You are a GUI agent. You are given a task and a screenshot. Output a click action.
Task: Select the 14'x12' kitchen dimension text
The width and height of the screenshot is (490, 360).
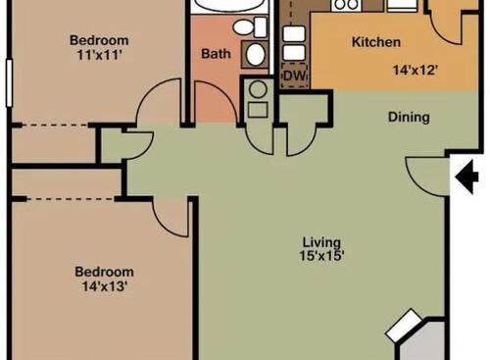pos(416,72)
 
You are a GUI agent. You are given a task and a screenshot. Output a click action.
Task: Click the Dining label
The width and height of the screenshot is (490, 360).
pos(409,118)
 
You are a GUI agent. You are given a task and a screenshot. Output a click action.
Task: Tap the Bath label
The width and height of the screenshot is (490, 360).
pos(215,55)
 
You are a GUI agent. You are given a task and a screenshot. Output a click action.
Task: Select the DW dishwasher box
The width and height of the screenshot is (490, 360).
pos(293,76)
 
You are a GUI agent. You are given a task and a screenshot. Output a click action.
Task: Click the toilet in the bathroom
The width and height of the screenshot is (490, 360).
pos(256,52)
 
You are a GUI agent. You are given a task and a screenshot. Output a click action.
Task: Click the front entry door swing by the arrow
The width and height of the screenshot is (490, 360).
pos(426,175)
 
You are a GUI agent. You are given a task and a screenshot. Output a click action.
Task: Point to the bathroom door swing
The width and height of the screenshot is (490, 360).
pos(213,103)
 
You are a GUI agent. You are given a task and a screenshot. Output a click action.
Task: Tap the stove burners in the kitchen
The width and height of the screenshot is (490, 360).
pos(346,5)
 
